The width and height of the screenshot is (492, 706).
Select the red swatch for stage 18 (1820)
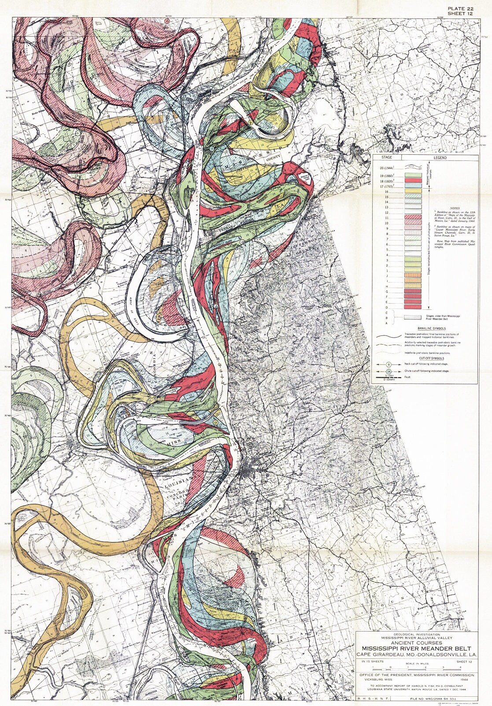coord(413,181)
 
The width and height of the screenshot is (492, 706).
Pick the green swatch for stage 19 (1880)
coord(413,175)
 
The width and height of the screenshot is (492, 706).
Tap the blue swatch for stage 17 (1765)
coord(413,186)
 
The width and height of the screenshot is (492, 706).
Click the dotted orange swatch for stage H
coord(413,286)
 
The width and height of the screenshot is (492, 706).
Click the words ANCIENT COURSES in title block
coord(416,643)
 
